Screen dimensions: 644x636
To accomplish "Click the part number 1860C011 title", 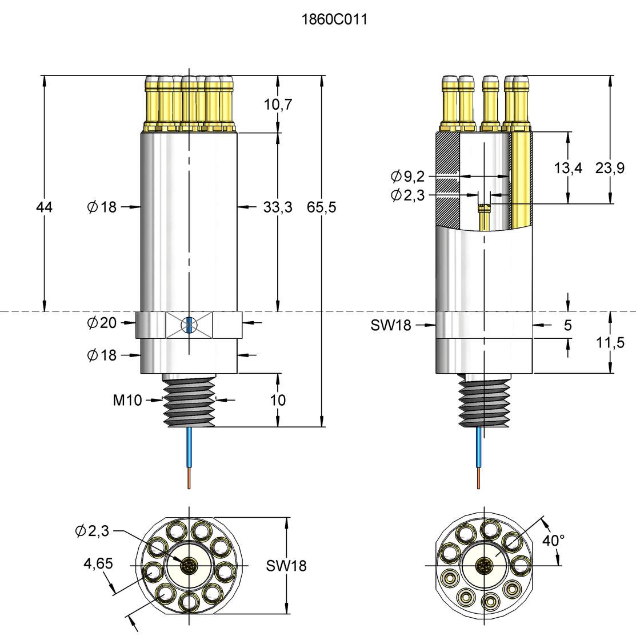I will tap(334, 20).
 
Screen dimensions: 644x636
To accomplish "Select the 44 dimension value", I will tap(44, 207).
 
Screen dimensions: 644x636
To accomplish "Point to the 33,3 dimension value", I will tap(278, 207).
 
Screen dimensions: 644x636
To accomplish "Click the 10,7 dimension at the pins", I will tap(278, 105).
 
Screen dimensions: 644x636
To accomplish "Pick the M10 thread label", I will tap(127, 400).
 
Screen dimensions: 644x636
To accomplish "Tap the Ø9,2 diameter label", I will tap(408, 176).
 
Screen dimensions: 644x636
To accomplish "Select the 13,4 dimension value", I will tap(568, 168).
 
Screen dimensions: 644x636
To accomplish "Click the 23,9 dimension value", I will tap(610, 168).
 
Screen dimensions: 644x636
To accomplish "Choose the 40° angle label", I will tap(553, 540).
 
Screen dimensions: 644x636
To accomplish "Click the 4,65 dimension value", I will tap(98, 564).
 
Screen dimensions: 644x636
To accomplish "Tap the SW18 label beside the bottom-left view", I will tap(286, 566).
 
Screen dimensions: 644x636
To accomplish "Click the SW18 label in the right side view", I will tap(391, 325).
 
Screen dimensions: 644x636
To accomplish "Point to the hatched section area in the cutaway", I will tap(447, 177).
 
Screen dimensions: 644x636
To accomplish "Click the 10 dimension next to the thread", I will tap(278, 400).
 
